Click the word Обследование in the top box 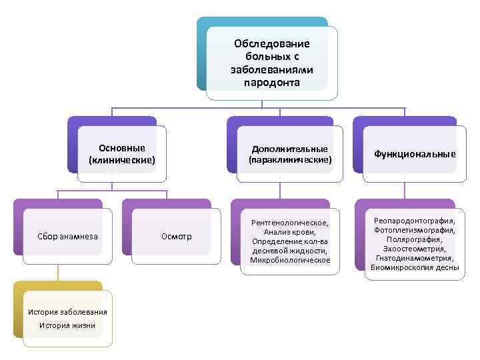(x=271, y=43)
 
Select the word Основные (x=121, y=148)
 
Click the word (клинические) (x=121, y=160)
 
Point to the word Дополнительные (x=289, y=149)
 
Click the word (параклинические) (x=289, y=160)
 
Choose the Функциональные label (x=415, y=154)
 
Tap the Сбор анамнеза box (x=68, y=236)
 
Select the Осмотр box (x=176, y=236)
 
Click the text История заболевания (x=67, y=313)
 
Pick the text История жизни (x=67, y=325)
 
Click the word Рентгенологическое (x=289, y=222)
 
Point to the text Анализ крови (x=289, y=231)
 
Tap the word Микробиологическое (x=289, y=259)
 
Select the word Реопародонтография (x=415, y=220)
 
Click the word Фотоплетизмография (x=415, y=229)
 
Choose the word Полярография (x=415, y=239)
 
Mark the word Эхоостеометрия (x=415, y=248)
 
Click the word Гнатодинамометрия (x=415, y=258)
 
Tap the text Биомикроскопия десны (x=415, y=267)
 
